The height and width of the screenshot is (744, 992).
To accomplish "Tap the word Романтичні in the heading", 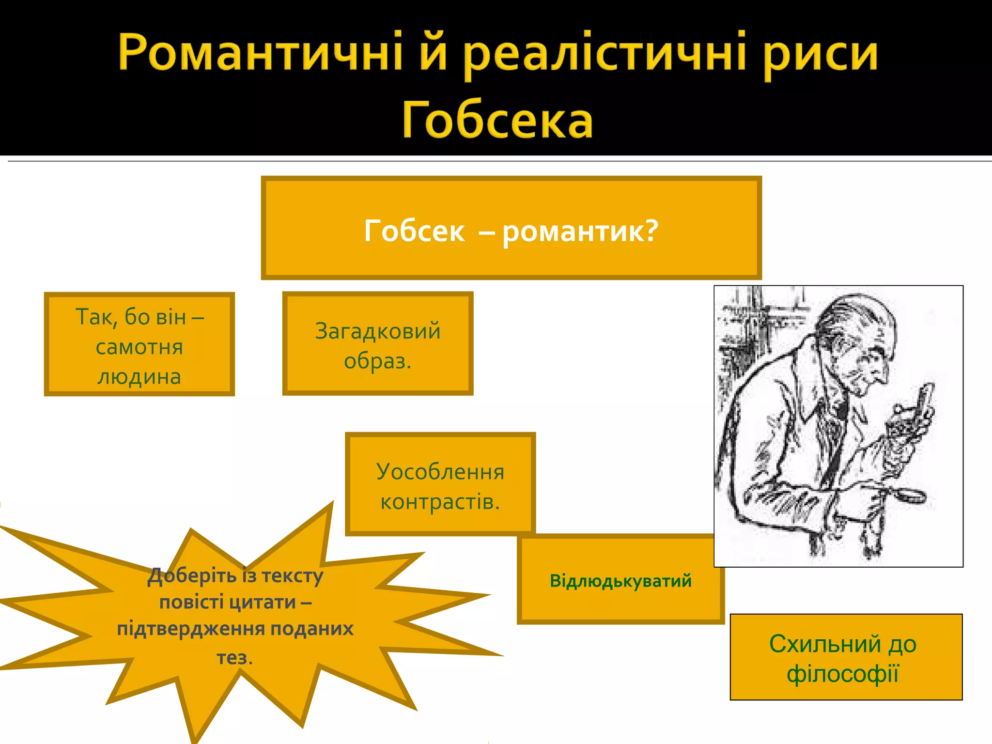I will [260, 52].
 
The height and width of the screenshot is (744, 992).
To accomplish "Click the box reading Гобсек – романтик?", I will [511, 228].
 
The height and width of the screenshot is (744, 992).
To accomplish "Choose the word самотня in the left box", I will [139, 347].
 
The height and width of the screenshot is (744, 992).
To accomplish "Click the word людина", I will [139, 377].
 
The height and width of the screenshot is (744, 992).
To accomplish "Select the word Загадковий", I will [378, 331].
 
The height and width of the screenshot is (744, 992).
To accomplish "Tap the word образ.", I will [377, 361].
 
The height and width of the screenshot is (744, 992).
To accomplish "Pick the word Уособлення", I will [440, 472].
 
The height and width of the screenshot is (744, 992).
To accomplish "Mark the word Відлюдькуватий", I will [620, 580].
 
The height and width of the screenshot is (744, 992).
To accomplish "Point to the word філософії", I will [843, 674].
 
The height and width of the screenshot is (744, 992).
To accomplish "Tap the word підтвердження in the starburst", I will [191, 629].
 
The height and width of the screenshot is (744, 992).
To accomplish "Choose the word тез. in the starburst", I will [234, 657].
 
